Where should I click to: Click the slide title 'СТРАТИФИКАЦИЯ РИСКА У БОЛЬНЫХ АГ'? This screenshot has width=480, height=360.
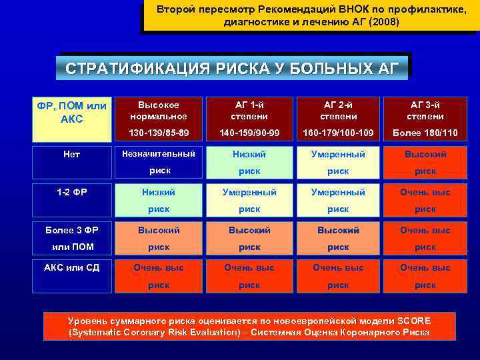tap(233, 68)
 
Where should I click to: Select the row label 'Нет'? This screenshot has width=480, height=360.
tap(71, 154)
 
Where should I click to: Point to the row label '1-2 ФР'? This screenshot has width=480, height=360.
tap(71, 192)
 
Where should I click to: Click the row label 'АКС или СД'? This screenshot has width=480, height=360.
tap(71, 268)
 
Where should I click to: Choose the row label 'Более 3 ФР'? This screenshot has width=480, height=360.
tap(71, 231)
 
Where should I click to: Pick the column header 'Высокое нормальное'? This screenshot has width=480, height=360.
tap(159, 110)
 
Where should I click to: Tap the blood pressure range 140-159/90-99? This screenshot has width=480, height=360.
tap(249, 133)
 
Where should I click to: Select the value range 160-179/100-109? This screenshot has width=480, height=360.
tap(338, 133)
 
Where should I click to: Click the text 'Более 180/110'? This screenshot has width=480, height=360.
tap(425, 133)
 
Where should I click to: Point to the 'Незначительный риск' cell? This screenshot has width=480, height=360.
tap(159, 161)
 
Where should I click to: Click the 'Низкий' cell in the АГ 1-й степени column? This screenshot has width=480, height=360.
tap(249, 161)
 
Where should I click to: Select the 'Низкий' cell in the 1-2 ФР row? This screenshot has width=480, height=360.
tap(159, 200)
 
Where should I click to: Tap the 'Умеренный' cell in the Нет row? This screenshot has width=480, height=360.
tap(338, 161)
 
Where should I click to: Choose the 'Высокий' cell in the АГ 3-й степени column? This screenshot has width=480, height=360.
tap(425, 161)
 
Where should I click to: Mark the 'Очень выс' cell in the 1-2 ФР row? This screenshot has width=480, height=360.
tap(425, 200)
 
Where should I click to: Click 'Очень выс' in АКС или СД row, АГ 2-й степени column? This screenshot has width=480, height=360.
tap(338, 275)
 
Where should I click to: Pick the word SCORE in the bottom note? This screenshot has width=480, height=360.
tap(413, 321)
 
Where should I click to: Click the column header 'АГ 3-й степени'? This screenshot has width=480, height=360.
tap(425, 110)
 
